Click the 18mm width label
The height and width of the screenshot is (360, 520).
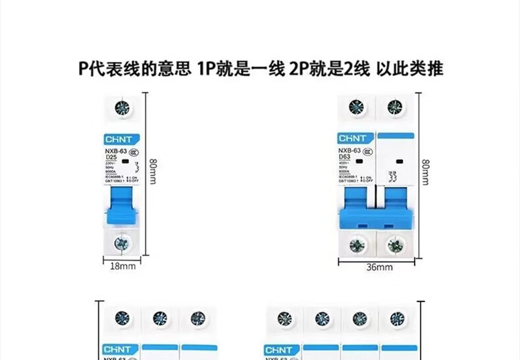coord(122,266)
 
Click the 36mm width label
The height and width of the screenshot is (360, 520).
coord(379,267)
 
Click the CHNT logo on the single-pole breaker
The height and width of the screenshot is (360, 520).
coord(119,139)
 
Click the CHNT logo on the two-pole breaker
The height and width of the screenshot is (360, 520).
coord(355,138)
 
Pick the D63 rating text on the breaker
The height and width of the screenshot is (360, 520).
coord(344,157)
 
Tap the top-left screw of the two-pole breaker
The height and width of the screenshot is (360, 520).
coord(356,107)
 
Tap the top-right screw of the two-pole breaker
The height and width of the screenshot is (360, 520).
coord(395,107)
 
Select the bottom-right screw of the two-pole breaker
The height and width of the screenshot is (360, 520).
coord(395,245)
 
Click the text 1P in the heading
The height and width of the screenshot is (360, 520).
coord(204,68)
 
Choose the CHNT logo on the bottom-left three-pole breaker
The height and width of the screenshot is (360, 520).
coord(119,349)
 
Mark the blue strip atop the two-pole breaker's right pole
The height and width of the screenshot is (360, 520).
coord(396,135)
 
